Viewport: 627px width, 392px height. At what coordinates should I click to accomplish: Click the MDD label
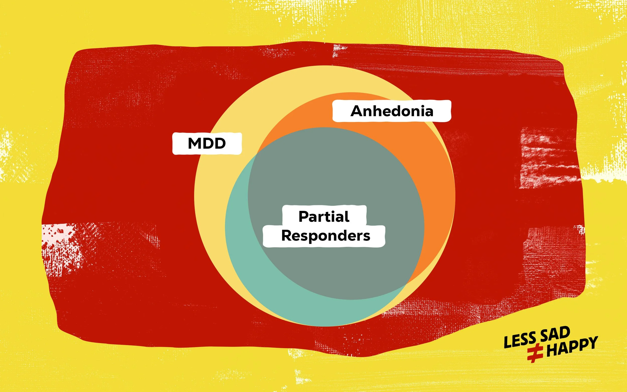207,143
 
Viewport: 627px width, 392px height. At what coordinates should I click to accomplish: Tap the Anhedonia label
392,111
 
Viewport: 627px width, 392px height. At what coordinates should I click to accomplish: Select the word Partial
324,216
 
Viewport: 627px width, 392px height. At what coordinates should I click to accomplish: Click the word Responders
326,236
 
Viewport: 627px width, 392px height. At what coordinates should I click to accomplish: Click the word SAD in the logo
555,334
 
